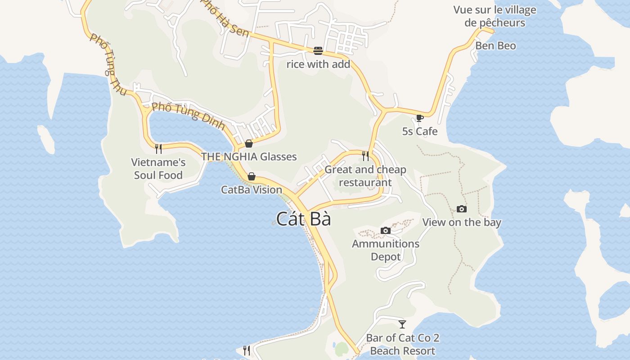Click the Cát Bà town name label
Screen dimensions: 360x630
(303, 219)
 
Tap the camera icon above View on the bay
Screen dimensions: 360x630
(461, 209)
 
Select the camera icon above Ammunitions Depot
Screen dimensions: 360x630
(385, 230)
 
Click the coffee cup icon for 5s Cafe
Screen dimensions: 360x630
(419, 118)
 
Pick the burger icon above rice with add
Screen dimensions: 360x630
(318, 50)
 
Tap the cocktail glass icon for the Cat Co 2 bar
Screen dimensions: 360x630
(402, 324)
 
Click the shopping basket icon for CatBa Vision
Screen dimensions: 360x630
(252, 176)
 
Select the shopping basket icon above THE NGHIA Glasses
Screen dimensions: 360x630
(248, 144)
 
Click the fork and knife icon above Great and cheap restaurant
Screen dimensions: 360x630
(365, 156)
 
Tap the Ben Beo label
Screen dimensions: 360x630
(495, 45)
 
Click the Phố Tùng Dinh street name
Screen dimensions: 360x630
(188, 115)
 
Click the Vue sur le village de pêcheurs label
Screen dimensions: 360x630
(495, 16)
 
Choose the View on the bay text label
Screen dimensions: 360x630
(461, 222)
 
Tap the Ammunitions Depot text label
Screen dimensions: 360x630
(385, 250)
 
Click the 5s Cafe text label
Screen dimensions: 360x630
(419, 131)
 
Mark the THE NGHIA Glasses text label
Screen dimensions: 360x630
(248, 157)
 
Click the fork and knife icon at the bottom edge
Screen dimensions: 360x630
(246, 350)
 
